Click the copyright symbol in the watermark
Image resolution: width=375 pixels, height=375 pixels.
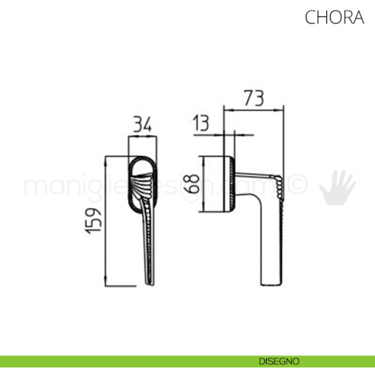pyautogui.click(x=300, y=185)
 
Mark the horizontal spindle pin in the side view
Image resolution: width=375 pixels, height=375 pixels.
pyautogui.click(x=255, y=178)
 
